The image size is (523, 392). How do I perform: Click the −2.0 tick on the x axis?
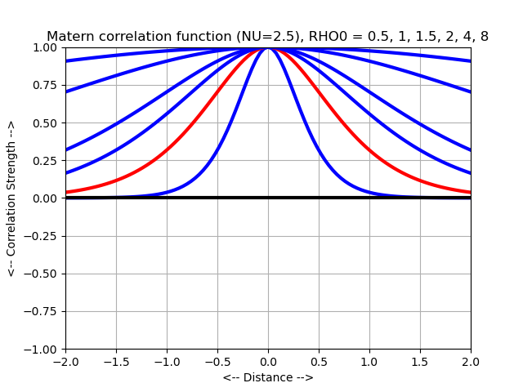click(65, 362)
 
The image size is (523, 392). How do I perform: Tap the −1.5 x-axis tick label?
click(116, 362)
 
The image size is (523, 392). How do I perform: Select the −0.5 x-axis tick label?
click(217, 362)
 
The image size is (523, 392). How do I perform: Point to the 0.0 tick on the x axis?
click(268, 362)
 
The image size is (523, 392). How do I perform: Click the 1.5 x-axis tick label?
click(420, 362)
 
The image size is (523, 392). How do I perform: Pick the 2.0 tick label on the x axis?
click(471, 362)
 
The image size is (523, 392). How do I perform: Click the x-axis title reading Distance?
click(268, 377)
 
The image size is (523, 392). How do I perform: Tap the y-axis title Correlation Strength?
click(11, 198)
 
